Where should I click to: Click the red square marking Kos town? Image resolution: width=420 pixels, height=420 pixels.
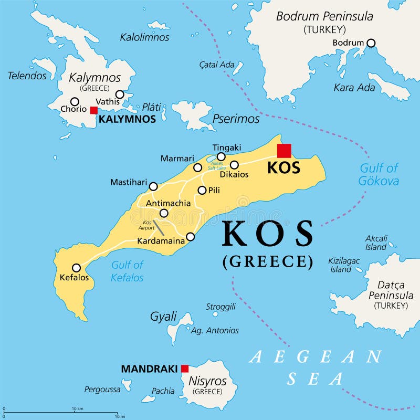tap(284, 151)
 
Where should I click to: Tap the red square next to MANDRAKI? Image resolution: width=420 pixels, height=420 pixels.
tap(185, 369)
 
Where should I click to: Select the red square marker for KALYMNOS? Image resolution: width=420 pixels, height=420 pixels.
tap(93, 110)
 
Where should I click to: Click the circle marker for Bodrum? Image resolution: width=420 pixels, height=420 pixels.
tap(371, 43)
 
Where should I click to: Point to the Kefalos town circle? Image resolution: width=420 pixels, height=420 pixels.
tap(76, 267)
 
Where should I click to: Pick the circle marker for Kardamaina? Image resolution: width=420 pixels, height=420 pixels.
tap(191, 237)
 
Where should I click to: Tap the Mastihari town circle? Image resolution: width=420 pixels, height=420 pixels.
tap(153, 186)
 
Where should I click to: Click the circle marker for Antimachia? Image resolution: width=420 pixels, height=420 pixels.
tap(164, 213)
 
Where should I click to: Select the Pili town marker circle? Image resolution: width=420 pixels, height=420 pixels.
tap(202, 190)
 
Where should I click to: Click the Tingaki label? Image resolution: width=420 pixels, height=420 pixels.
tap(226, 148)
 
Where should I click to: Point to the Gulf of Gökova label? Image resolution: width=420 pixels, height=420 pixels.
tap(379, 175)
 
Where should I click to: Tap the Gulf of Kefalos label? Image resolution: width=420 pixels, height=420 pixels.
tap(127, 271)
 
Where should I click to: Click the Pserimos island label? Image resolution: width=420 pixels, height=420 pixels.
tap(236, 119)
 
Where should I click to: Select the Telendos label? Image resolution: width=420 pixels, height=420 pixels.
tap(27, 76)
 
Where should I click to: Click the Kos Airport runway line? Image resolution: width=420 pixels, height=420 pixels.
tap(159, 227)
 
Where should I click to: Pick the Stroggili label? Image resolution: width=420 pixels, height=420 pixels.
tap(220, 307)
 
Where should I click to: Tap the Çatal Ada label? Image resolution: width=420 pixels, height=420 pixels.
tap(217, 65)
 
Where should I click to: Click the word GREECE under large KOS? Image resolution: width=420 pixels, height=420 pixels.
tap(268, 261)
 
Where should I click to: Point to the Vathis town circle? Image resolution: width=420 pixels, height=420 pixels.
tap(120, 94)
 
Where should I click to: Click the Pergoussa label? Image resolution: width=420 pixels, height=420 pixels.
tap(102, 390)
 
